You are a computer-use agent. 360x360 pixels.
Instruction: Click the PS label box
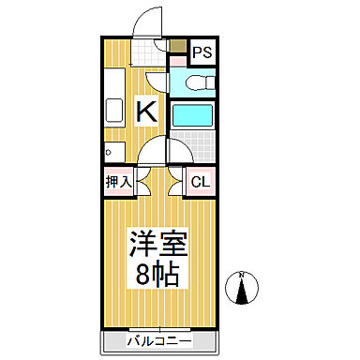coord(202,51)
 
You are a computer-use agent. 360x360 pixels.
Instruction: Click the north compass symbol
coord(242,290)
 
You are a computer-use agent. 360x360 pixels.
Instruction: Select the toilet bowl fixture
coord(199,82)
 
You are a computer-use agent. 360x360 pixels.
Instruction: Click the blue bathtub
coord(194,116)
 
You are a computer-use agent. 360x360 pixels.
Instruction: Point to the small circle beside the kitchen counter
coord(109,150)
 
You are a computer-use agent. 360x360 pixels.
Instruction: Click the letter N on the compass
coord(242,275)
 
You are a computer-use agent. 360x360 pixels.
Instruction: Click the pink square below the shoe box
coord(176,59)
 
